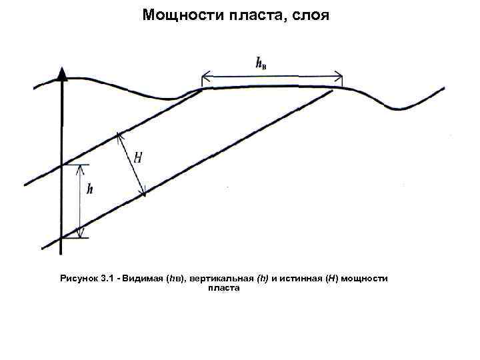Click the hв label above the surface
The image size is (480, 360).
pos(262,63)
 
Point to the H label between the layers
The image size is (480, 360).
pos(137,158)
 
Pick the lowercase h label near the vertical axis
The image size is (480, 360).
pos(89,189)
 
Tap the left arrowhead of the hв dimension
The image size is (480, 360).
pos(206,74)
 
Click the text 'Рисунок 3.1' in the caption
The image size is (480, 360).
pos(86,278)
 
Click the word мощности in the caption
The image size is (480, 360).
pos(366,278)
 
